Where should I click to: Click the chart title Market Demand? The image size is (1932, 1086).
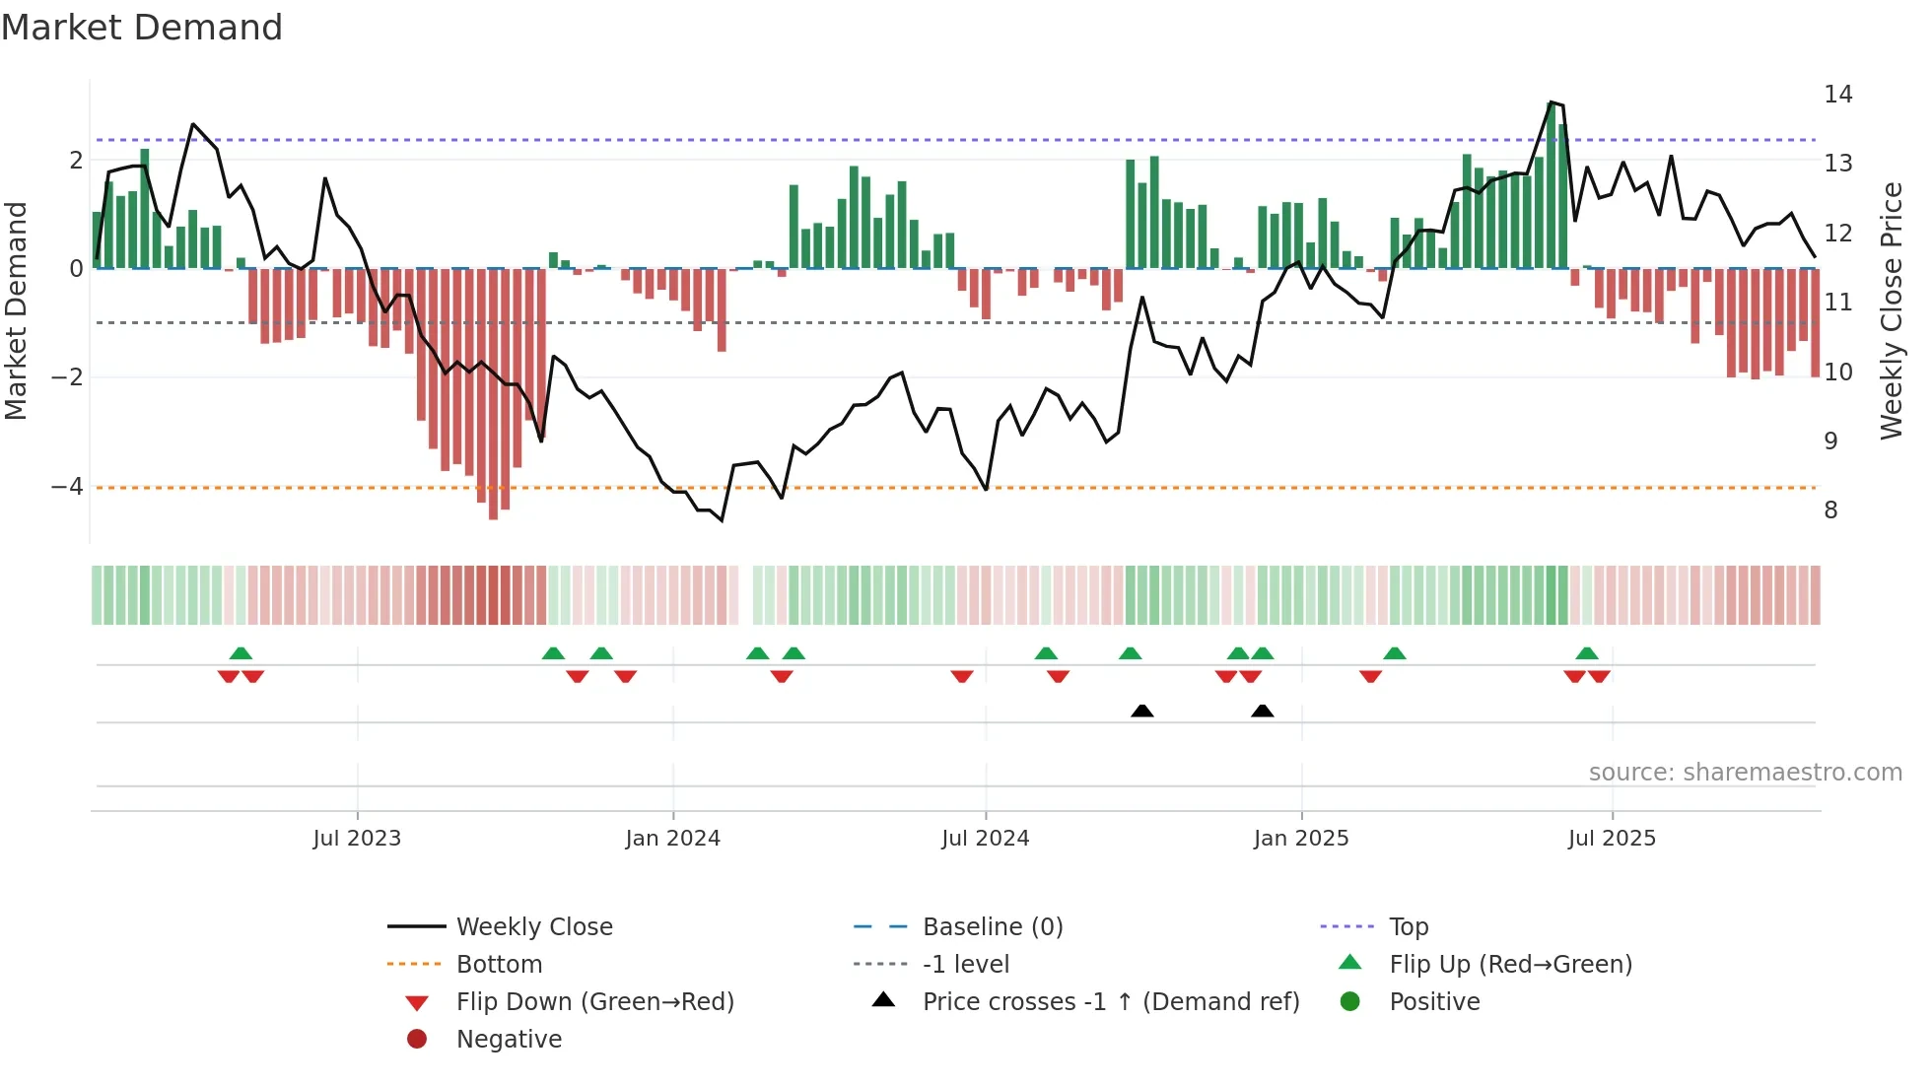142,28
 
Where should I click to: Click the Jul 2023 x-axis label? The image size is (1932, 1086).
357,839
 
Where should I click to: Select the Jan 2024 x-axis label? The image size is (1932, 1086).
672,839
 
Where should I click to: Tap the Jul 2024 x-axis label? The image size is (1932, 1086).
985,839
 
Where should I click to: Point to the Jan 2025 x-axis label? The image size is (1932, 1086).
1300,839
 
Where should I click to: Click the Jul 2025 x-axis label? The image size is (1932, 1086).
1612,839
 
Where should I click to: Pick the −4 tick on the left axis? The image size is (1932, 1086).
67,487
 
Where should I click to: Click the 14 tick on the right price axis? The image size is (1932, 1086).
1837,95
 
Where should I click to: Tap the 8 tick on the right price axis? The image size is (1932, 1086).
1830,510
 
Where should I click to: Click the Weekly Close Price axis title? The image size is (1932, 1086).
1891,310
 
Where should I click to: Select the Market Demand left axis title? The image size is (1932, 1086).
17,310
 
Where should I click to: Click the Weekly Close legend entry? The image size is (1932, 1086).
533,927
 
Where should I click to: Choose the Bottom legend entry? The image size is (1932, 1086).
499,965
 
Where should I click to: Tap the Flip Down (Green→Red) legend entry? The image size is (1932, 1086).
594,1002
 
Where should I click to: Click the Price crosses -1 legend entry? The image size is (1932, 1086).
1110,1002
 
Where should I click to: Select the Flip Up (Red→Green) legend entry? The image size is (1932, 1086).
1510,965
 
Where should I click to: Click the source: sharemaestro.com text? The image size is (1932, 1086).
1745,773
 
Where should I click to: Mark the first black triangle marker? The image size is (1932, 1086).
1141,711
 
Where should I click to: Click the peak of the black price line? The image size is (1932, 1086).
1551,102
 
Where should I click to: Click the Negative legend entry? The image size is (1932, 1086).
509,1040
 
